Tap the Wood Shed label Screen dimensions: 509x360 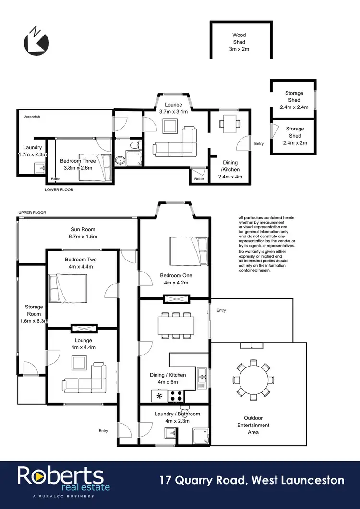[x=239, y=42]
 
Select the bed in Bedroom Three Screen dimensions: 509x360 [x=95, y=166]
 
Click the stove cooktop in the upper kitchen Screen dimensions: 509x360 [x=176, y=396]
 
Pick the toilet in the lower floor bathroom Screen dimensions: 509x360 [x=135, y=146]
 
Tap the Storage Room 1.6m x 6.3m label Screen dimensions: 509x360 [x=34, y=314]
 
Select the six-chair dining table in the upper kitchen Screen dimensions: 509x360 [x=177, y=325]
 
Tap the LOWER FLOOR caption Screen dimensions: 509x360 [x=59, y=189]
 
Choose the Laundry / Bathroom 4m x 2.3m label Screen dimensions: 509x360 [x=177, y=417]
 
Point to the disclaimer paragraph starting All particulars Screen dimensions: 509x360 [x=266, y=244]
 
